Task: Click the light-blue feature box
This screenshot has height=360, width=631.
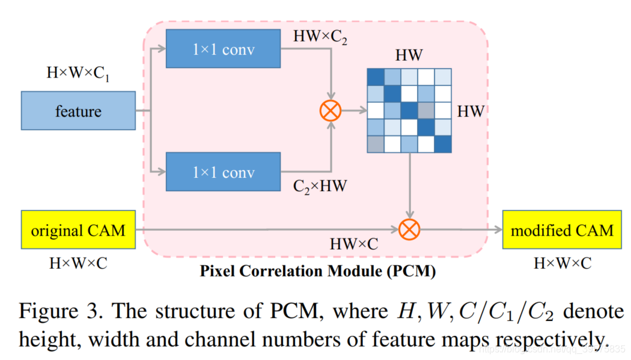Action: click(78, 111)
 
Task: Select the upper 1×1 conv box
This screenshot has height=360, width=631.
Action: click(223, 50)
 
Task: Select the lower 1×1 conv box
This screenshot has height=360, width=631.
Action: click(223, 172)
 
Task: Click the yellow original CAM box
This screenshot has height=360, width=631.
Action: click(78, 230)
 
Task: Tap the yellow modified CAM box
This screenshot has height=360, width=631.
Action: click(562, 230)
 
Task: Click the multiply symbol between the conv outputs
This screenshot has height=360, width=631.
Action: click(331, 111)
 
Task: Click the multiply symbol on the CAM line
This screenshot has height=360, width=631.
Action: click(410, 229)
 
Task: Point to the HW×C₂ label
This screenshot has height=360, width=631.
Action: click(320, 36)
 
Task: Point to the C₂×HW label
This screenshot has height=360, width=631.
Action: click(320, 186)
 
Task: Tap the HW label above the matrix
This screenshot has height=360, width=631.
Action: click(409, 56)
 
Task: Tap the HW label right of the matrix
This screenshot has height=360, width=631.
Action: click(471, 111)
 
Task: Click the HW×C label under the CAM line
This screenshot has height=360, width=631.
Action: click(354, 245)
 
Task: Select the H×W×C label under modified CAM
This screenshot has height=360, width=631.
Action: click(562, 263)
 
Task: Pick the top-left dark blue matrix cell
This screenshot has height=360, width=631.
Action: click(376, 78)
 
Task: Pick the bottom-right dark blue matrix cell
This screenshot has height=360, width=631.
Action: click(442, 144)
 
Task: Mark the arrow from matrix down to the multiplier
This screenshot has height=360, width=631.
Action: click(409, 186)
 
